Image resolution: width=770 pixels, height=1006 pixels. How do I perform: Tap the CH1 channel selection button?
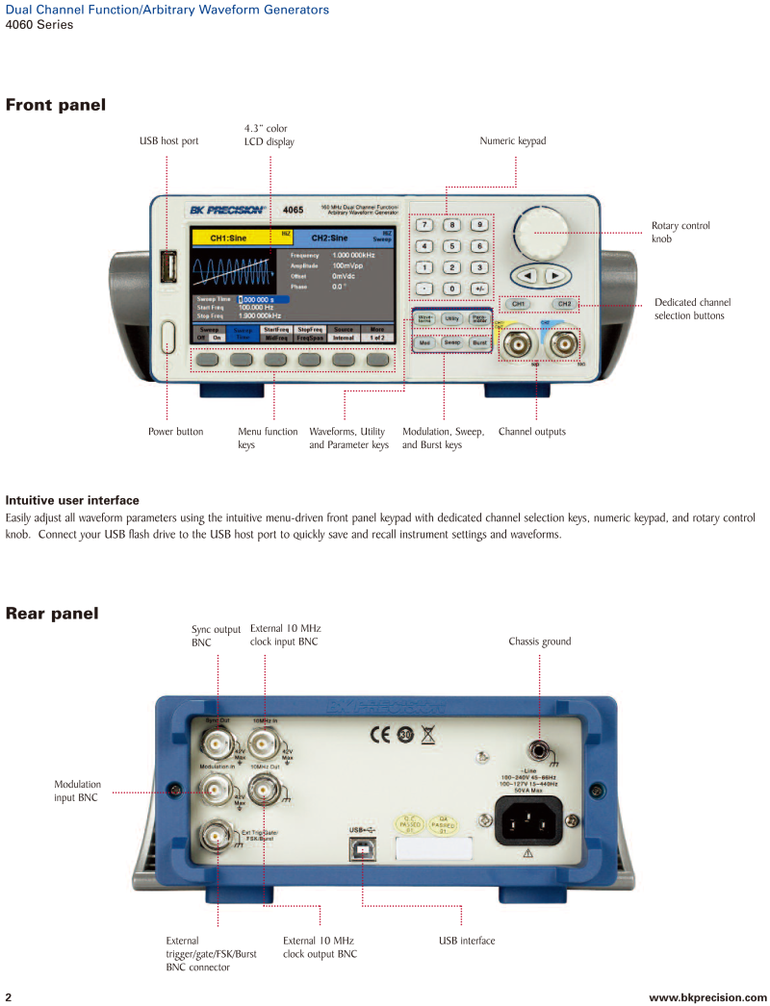(x=518, y=304)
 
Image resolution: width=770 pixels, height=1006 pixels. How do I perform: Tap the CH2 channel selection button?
(x=565, y=304)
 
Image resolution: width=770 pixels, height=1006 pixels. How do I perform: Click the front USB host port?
(x=169, y=266)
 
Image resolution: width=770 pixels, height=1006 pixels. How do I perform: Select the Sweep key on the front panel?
(x=451, y=342)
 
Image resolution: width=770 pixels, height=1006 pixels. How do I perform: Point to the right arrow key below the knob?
(x=554, y=276)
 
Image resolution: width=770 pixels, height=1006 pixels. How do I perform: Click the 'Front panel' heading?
(x=55, y=105)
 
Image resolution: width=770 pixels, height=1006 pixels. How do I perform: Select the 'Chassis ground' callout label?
(x=541, y=641)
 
